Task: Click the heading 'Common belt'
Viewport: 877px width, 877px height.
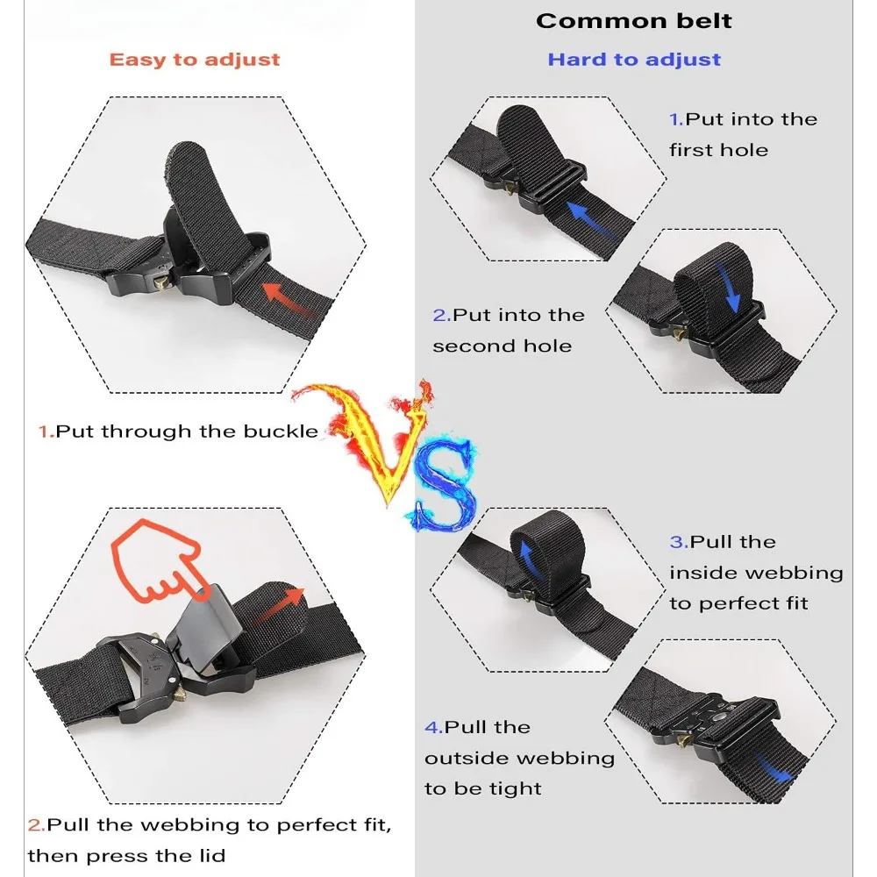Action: click(633, 21)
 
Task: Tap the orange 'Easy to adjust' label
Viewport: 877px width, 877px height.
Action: click(194, 60)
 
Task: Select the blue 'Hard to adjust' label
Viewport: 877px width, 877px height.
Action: click(634, 60)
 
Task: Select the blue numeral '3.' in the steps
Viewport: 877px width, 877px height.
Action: click(679, 542)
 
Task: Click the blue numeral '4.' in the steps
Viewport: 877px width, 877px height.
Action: click(433, 727)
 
